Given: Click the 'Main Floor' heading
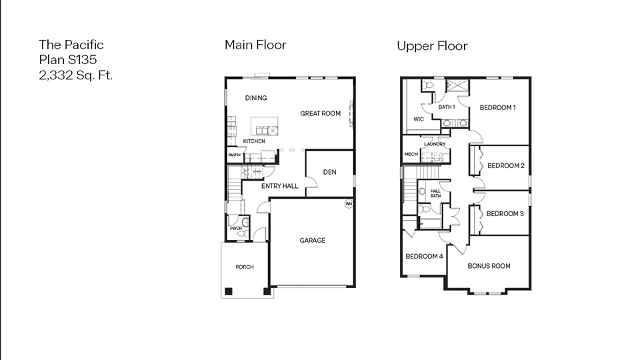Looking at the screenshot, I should coord(255,45).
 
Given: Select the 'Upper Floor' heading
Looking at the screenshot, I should coord(432,46).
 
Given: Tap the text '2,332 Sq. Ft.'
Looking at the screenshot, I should coord(75,75).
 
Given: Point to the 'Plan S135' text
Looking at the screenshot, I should coord(68,60).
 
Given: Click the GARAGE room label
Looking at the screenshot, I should coord(312,240).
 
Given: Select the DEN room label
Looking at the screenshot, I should coord(329,172).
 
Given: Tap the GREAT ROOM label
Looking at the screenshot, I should coord(320,113).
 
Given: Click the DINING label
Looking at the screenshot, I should coord(256,98).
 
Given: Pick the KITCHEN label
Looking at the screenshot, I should coord(253,141).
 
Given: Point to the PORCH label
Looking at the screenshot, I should coord(245,267).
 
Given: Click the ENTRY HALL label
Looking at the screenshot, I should coord(279,186).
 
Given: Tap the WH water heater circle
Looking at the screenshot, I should coord(348,204).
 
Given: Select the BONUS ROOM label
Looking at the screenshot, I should coord(489,266).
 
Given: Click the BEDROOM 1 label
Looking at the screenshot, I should coord(497,107).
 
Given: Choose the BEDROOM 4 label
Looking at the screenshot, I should coord(424,257).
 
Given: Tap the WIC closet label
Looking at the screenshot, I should coord(419,120).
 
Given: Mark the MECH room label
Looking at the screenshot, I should coord(411,155).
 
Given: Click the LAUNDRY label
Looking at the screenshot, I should coord(434,144).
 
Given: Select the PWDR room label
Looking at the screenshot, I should coord(235,229).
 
